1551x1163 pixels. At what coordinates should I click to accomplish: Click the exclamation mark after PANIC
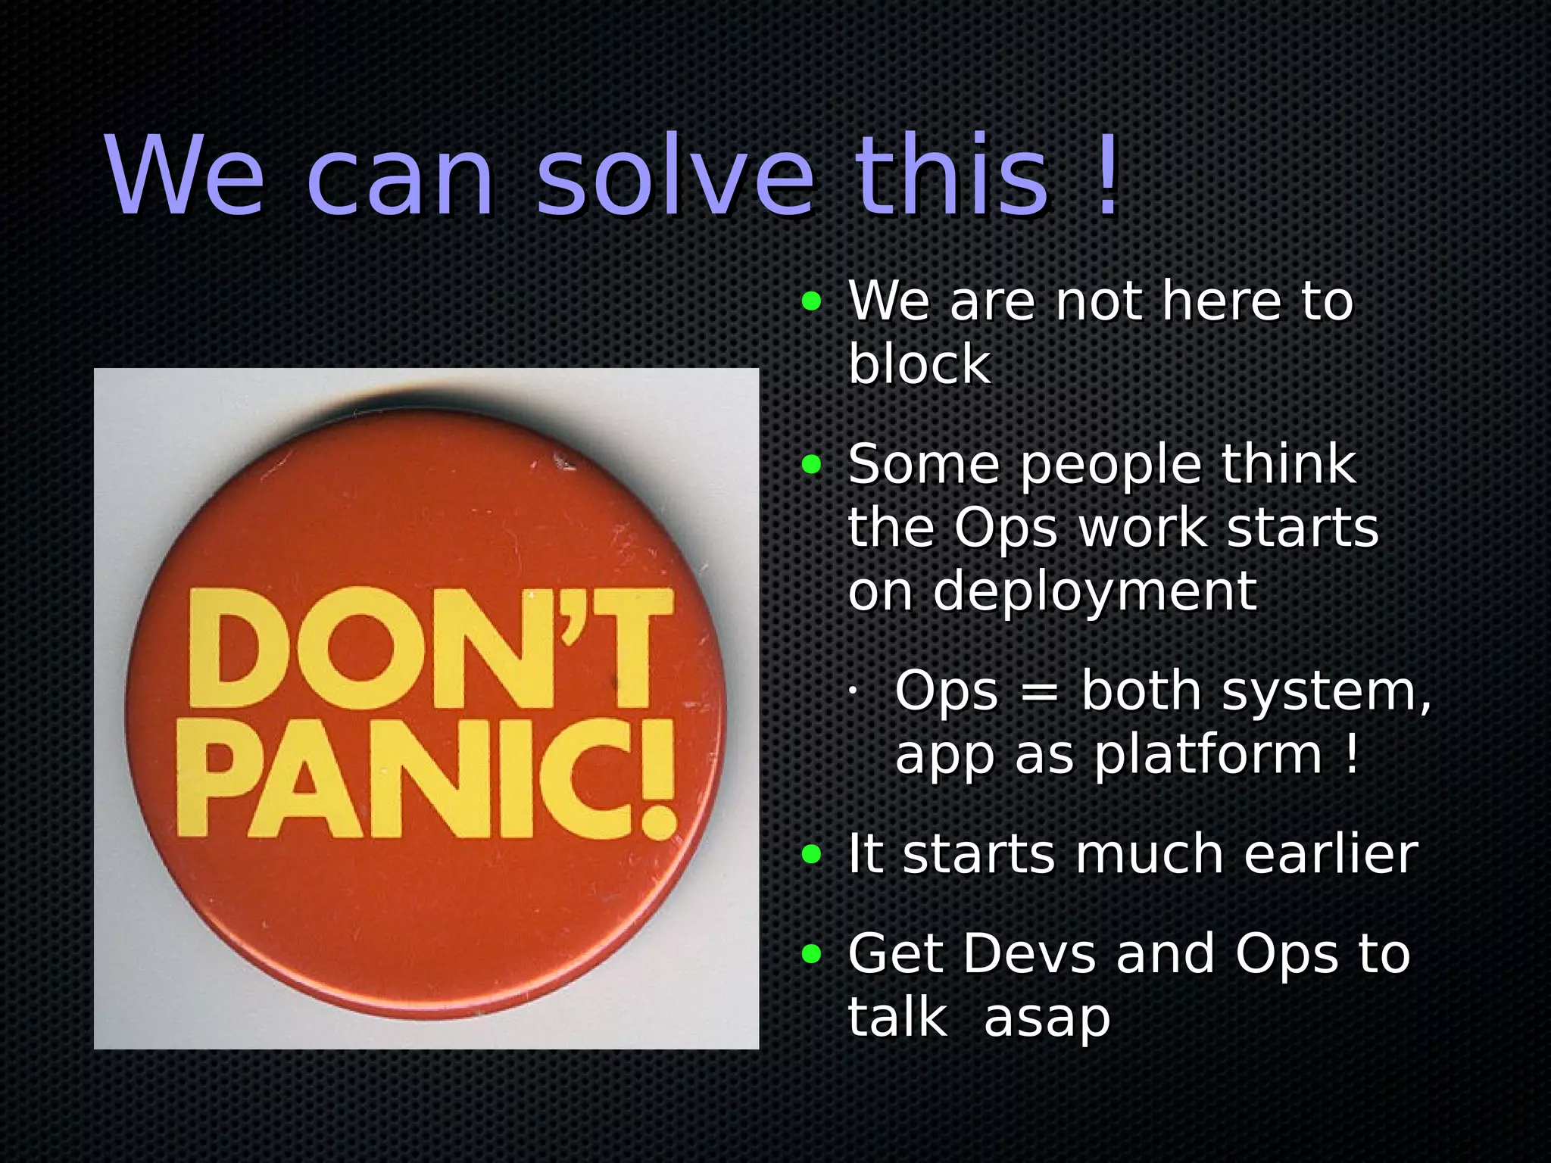click(657, 779)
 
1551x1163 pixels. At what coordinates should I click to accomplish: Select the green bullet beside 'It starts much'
click(811, 855)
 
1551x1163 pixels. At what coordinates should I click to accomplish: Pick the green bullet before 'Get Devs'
click(811, 954)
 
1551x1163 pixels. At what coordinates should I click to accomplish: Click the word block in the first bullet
click(919, 364)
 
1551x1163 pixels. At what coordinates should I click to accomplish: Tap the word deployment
click(1094, 591)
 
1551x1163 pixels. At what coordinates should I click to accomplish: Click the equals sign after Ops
click(1039, 692)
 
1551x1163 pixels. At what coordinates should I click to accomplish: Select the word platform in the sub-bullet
click(1208, 756)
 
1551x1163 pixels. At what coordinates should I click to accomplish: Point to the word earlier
click(1331, 854)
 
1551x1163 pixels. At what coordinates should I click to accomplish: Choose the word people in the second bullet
click(1110, 465)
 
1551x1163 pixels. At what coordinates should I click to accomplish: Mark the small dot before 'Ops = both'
click(852, 691)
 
